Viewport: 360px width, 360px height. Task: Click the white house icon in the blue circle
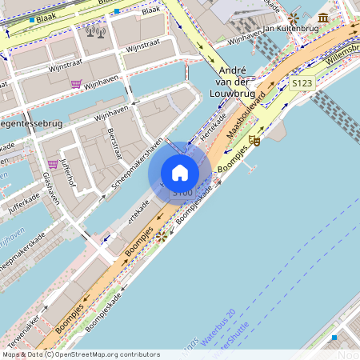pyautogui.click(x=180, y=173)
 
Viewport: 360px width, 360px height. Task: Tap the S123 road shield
pyautogui.click(x=302, y=82)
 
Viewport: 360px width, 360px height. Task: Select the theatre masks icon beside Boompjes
pyautogui.click(x=254, y=141)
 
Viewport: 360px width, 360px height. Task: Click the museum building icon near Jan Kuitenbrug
pyautogui.click(x=323, y=18)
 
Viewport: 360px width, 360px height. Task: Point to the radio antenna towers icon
pyautogui.click(x=96, y=33)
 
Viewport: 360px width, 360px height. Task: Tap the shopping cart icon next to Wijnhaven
pyautogui.click(x=76, y=83)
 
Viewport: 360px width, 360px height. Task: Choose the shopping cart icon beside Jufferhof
pyautogui.click(x=53, y=164)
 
